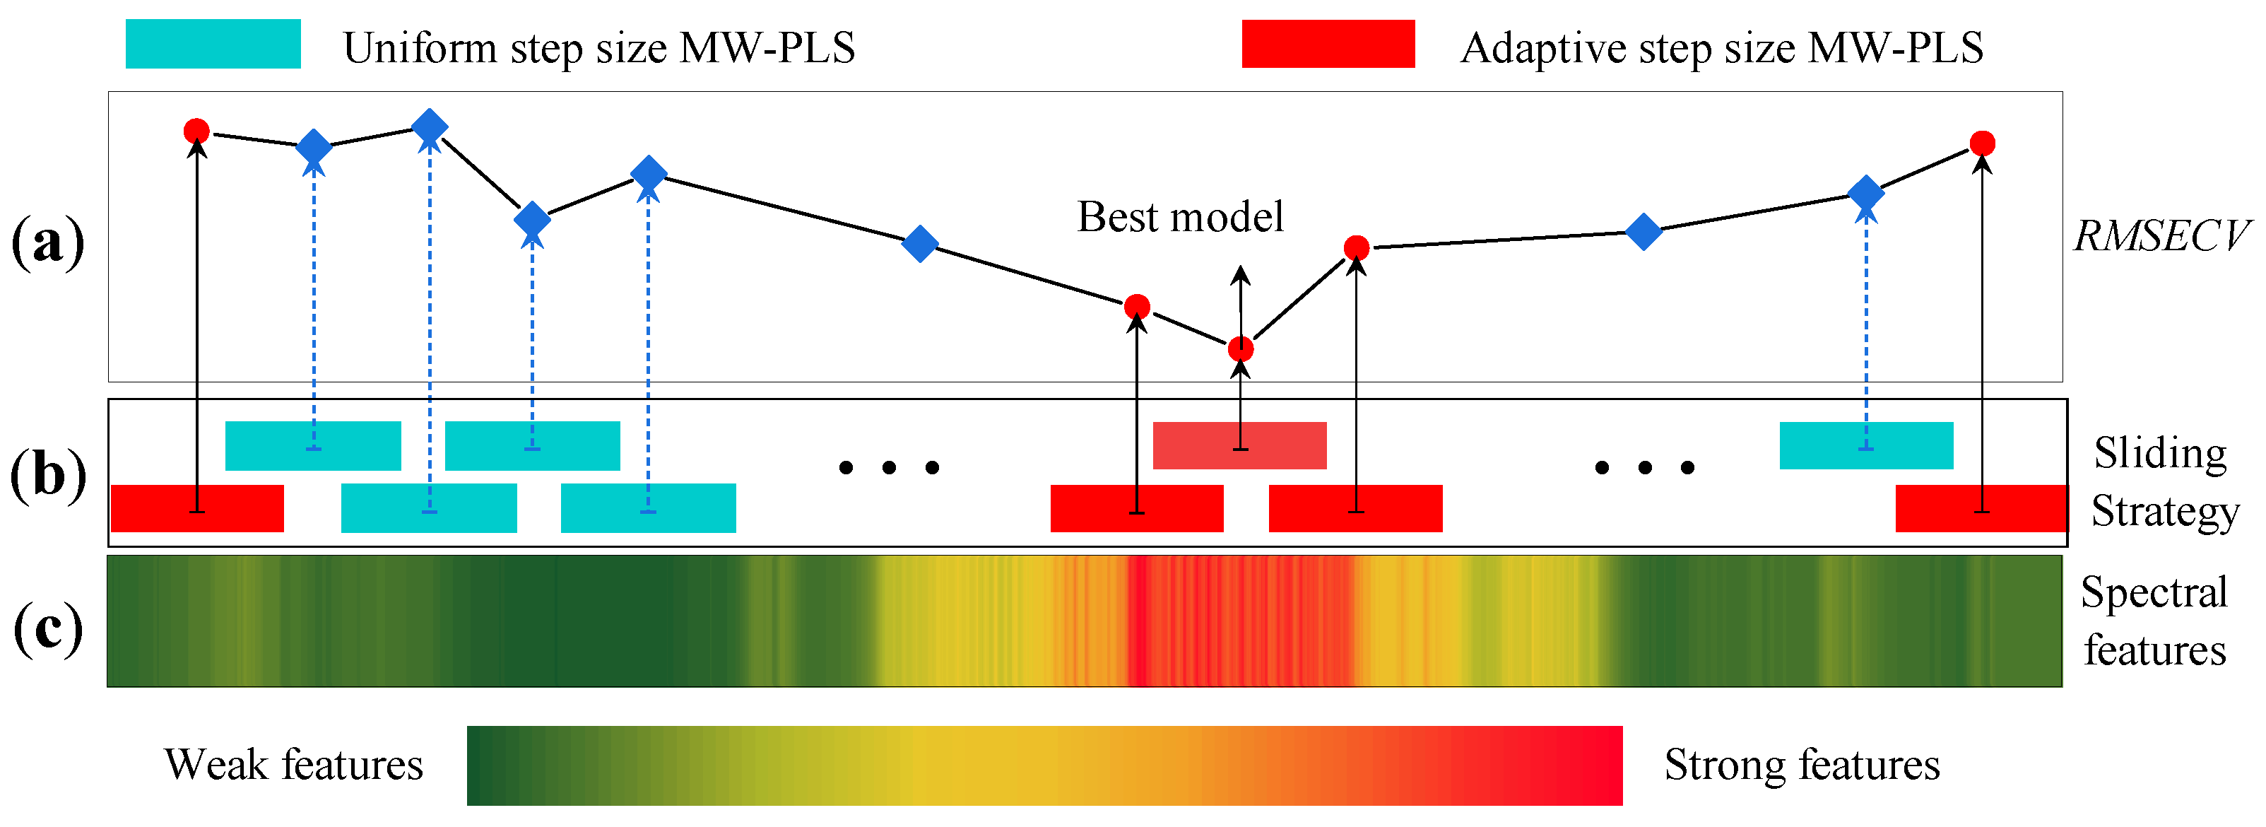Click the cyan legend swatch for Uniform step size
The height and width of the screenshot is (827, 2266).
tap(213, 44)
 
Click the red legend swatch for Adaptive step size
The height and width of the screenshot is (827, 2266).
tap(1328, 44)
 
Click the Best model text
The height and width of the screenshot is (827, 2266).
tap(1179, 217)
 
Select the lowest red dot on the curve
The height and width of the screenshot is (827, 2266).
tap(1240, 349)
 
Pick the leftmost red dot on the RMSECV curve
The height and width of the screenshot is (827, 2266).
tap(196, 131)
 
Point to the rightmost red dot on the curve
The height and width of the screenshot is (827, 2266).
tap(1982, 143)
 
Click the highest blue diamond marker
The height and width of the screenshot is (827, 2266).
tap(430, 127)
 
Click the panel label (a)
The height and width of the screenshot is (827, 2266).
tap(47, 242)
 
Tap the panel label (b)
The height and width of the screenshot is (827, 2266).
tap(47, 475)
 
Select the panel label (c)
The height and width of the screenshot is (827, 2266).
tap(47, 629)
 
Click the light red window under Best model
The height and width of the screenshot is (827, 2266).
tap(1239, 445)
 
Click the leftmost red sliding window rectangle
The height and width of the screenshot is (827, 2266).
tap(197, 508)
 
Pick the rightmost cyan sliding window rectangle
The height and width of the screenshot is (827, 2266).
tap(1866, 445)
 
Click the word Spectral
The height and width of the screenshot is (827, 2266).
tap(2154, 592)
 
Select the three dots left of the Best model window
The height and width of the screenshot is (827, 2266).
tap(888, 467)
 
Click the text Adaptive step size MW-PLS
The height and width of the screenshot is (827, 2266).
tap(1721, 47)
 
